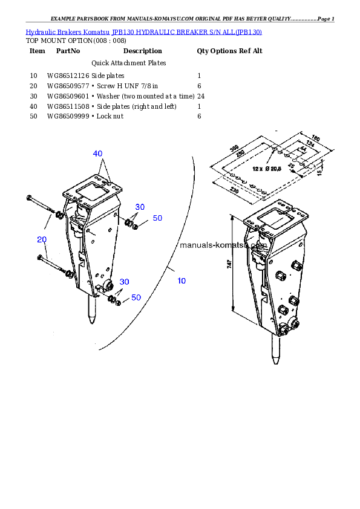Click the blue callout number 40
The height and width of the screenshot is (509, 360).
pos(98,154)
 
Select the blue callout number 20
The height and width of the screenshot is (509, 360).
pos(42,239)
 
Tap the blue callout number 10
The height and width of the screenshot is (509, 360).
pos(182,280)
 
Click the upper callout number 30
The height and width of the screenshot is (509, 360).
pos(140,207)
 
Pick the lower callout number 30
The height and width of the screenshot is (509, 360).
pos(124,282)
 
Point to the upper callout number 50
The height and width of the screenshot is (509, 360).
pos(157,218)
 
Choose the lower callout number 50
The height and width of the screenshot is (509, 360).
pos(136,297)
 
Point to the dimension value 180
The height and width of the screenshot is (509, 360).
pos(315,138)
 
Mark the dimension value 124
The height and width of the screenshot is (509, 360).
pos(309,143)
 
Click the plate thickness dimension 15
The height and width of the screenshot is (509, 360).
pos(319,172)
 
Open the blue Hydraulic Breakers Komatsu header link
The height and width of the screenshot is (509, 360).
pos(143,31)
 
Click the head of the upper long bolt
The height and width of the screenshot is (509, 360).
pos(28,198)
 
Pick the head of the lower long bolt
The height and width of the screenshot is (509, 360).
pos(39,258)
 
